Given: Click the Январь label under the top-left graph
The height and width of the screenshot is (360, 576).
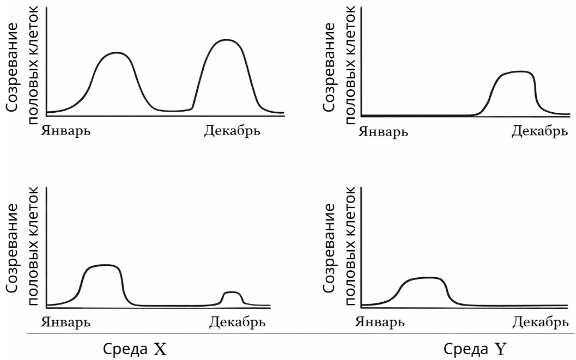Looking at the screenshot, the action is (65, 131).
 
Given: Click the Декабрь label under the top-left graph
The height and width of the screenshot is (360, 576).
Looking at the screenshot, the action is (232, 131).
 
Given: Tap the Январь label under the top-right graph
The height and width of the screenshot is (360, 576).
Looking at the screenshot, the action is (383, 131).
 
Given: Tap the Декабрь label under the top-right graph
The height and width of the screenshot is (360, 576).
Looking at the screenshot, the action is (540, 131).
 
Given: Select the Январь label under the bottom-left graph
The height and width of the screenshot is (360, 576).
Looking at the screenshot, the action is (65, 322).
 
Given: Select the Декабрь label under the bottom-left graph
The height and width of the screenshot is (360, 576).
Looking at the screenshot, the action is (237, 322).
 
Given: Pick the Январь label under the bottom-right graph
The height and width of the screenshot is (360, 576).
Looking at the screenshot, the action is (380, 322).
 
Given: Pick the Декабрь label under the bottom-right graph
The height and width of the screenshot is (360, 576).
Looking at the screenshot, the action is (541, 322).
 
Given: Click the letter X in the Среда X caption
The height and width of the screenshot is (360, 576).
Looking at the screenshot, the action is (160, 350).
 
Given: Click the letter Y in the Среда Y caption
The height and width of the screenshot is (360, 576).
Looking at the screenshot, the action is (500, 350).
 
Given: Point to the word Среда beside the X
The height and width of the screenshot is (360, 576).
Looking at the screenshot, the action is (125, 349).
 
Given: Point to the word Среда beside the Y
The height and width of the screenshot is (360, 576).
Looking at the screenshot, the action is (466, 349).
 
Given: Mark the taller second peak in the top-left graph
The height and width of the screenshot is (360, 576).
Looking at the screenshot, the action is (226, 40).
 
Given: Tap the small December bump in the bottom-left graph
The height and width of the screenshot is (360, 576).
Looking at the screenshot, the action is (232, 292).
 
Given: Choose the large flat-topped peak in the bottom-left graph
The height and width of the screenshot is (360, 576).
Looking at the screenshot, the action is (105, 265).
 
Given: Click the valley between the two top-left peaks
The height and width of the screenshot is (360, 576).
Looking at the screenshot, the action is (173, 111).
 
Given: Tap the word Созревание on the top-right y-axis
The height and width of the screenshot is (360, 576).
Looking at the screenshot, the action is (329, 67).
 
